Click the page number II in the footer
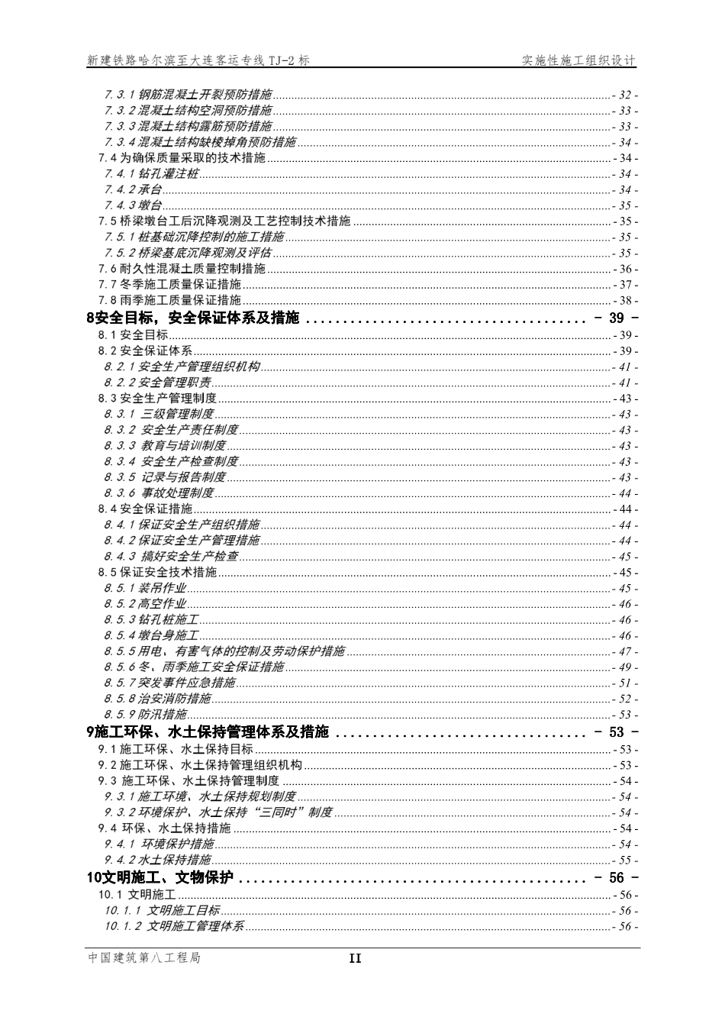pyautogui.click(x=355, y=958)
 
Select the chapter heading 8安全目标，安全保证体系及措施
pyautogui.click(x=193, y=318)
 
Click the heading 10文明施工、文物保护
pyautogui.click(x=160, y=878)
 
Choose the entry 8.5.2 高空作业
pyautogui.click(x=146, y=604)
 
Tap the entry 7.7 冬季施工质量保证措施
pyautogui.click(x=169, y=285)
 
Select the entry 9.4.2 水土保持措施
pyautogui.click(x=157, y=860)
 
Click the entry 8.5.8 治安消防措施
pyautogui.click(x=157, y=699)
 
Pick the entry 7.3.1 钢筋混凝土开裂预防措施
pyautogui.click(x=188, y=95)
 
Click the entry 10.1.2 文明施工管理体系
pyautogui.click(x=174, y=926)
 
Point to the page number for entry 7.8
pyautogui.click(x=625, y=301)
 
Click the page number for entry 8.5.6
pyautogui.click(x=625, y=667)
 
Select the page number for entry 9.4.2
pyautogui.click(x=625, y=860)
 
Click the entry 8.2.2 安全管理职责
pyautogui.click(x=157, y=383)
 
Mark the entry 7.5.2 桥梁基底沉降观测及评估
pyautogui.click(x=188, y=254)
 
